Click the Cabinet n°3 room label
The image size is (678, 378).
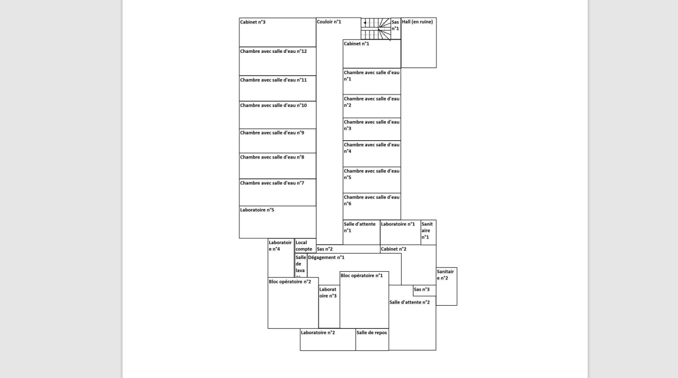point(253,22)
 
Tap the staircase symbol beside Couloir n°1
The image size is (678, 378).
point(376,29)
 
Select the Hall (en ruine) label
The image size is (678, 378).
point(418,21)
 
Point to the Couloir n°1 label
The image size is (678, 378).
point(329,22)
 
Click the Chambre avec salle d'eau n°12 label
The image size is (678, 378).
point(273,51)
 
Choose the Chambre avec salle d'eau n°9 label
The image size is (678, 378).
point(272,133)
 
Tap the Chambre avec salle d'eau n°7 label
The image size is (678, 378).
point(272,183)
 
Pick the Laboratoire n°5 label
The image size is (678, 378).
point(257,210)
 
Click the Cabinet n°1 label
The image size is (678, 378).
point(357,43)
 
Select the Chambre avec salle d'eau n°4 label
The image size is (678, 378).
point(371,148)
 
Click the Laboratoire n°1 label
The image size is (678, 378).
point(398,224)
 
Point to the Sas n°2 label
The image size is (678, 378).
point(325,249)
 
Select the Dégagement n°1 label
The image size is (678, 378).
point(326,258)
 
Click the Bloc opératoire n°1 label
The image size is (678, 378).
point(362,275)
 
